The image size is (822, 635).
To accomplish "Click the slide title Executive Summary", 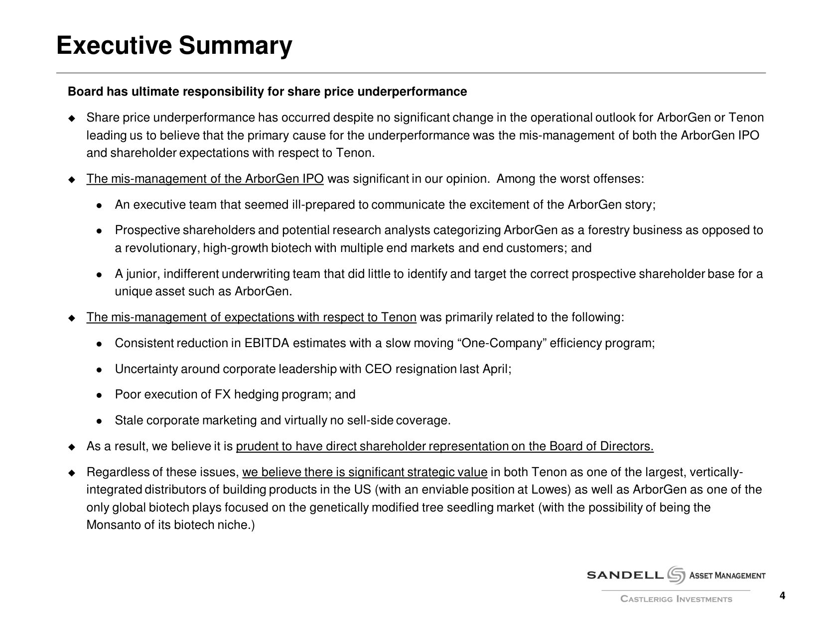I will [x=174, y=46].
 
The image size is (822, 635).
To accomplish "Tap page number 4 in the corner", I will [x=782, y=596].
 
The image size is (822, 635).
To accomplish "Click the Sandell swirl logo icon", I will [x=677, y=575].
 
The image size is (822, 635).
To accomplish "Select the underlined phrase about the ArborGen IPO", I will [x=205, y=179].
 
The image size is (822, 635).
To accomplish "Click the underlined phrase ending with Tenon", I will [x=251, y=317].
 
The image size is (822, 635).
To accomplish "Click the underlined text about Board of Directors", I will [x=444, y=446].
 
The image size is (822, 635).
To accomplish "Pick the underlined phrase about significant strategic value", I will [x=364, y=472].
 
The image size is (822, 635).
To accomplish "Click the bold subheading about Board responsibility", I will [x=267, y=92].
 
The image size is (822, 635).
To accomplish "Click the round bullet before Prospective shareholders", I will [x=99, y=231].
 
